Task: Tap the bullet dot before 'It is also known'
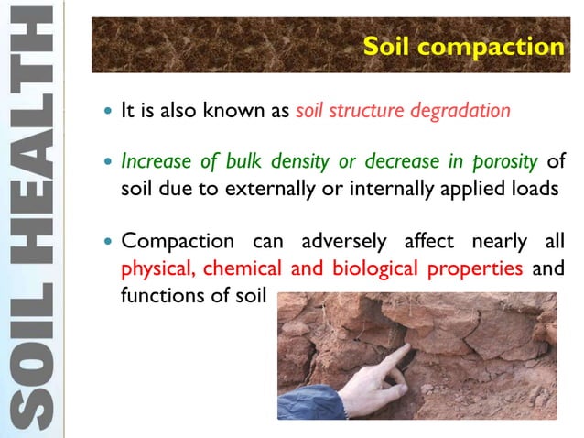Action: click(106, 113)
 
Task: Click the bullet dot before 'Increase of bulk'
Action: click(106, 164)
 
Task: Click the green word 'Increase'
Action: click(153, 163)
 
